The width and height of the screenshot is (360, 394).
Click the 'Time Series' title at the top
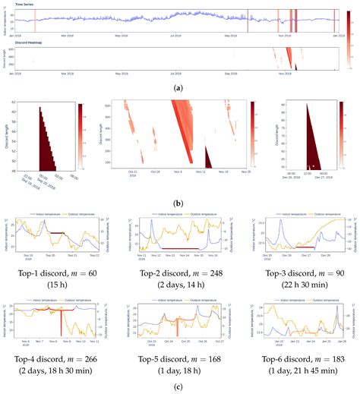click(22, 5)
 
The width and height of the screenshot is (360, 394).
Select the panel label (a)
click(179, 88)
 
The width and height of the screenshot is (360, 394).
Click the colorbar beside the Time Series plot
click(347, 20)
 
